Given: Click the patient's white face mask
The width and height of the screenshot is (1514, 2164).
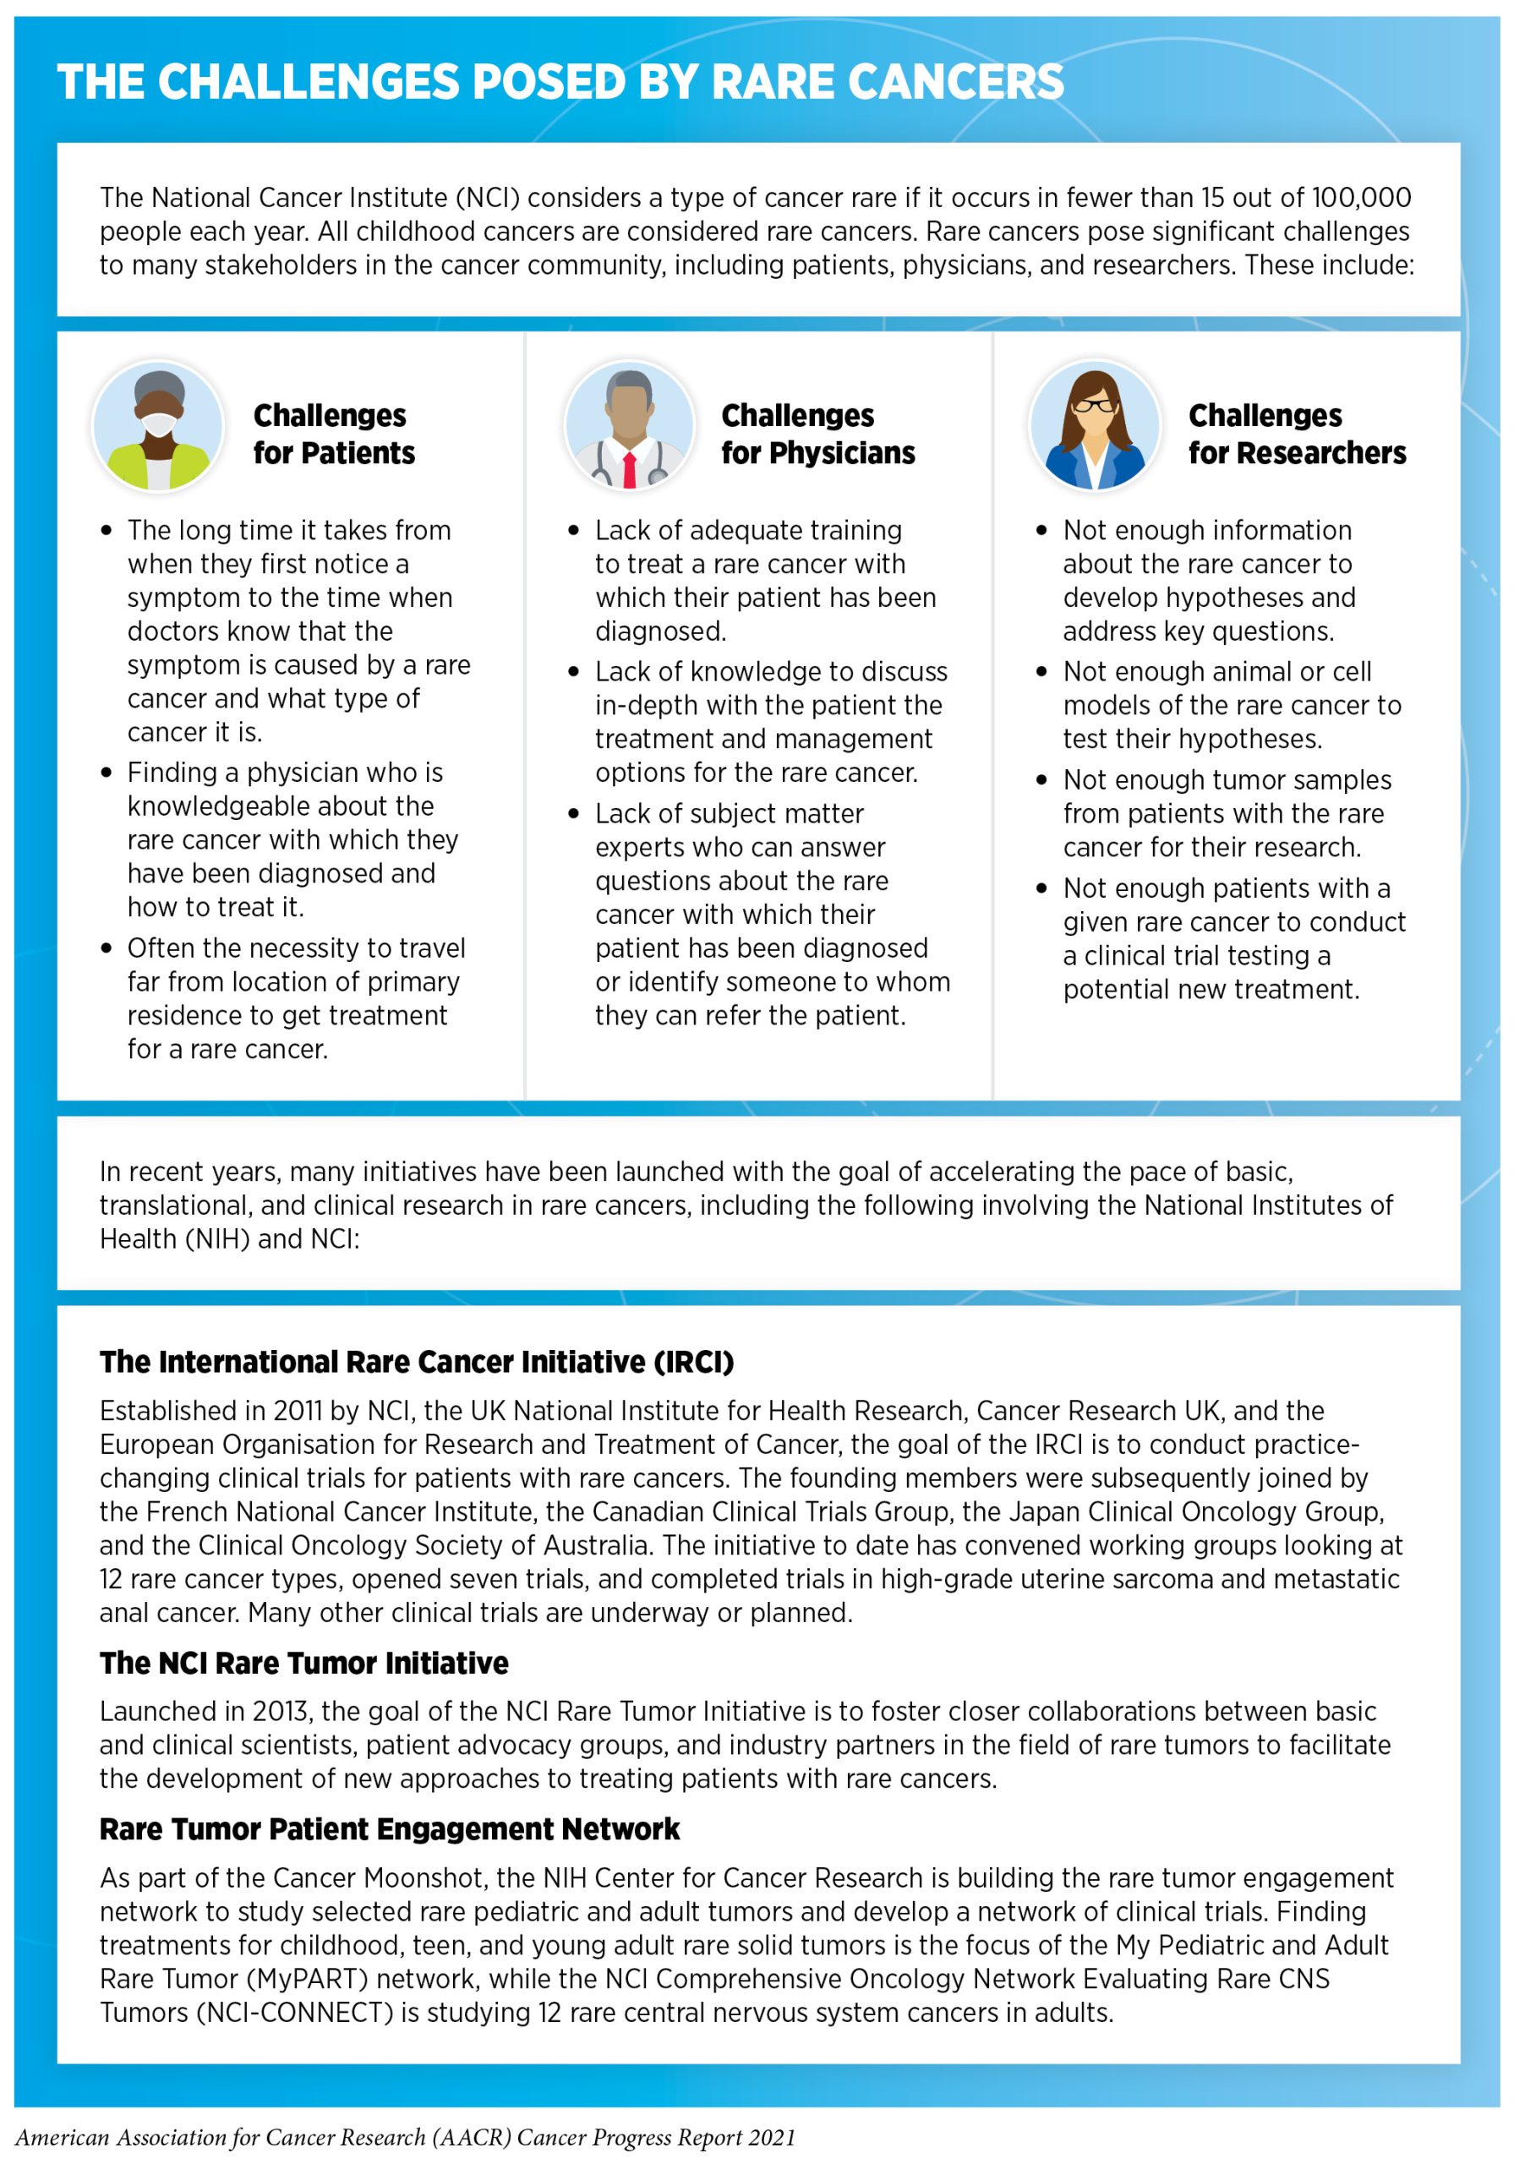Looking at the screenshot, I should tap(157, 426).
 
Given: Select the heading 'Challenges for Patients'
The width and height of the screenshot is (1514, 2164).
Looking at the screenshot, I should tap(334, 434).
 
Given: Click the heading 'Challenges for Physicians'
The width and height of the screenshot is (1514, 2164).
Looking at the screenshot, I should tap(817, 434).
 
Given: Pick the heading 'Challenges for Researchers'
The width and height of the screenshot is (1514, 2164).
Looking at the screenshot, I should tap(1296, 434).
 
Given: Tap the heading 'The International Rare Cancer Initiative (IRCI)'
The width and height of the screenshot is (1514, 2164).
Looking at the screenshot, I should tap(417, 1362).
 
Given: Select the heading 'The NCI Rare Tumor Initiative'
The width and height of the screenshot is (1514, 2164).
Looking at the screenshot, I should tap(303, 1663).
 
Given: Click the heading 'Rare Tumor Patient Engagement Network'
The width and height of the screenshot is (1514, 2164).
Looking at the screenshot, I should tap(390, 1828).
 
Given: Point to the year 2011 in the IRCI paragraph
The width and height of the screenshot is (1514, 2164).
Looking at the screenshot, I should tap(298, 1411).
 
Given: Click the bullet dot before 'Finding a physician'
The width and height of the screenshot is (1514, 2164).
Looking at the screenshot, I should tap(107, 773).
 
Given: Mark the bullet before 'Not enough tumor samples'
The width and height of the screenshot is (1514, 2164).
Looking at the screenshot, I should tap(1041, 780).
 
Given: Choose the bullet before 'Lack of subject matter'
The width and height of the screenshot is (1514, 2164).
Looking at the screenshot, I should tap(574, 813).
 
